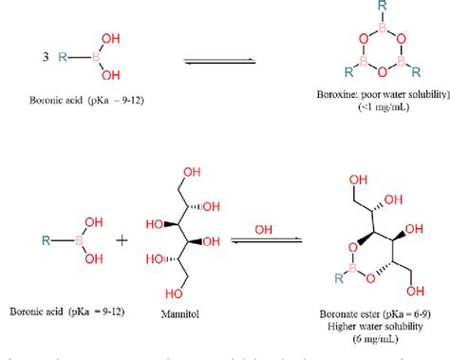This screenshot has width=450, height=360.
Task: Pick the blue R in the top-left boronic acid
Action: (61, 58)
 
